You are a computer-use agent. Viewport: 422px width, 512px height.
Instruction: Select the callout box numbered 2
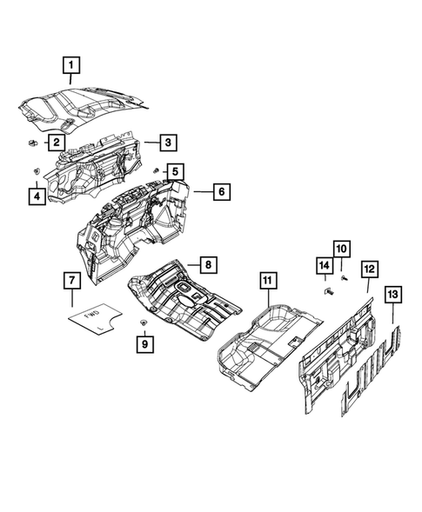point(55,141)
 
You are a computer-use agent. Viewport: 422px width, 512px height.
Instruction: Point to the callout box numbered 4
point(36,196)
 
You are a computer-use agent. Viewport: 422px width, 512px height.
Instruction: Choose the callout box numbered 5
point(175,172)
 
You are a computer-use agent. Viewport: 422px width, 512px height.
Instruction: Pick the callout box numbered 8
point(208,263)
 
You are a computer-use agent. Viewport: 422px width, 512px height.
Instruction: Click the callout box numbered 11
point(268,280)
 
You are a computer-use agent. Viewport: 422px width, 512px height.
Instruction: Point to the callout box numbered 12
point(369,271)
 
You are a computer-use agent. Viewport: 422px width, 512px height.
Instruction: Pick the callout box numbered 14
point(324,264)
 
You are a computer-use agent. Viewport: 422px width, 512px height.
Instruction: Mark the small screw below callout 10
point(345,277)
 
